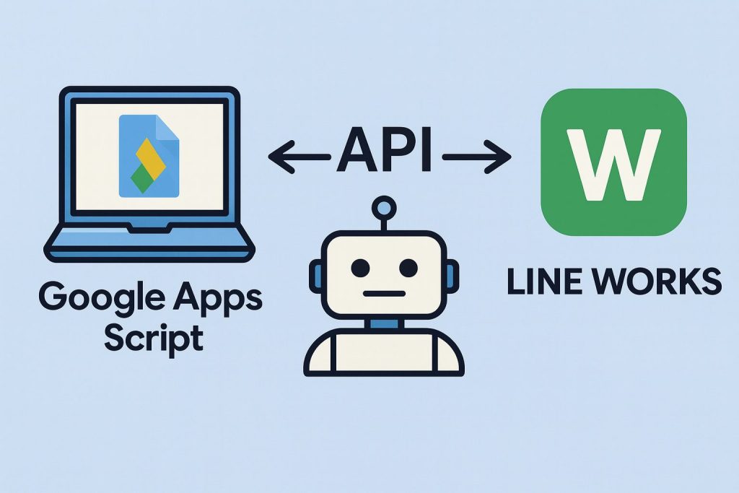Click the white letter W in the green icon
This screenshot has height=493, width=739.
(x=613, y=162)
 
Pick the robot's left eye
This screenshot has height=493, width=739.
(x=358, y=268)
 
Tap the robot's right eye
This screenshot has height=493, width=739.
(x=408, y=268)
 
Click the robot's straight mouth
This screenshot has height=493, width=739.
(x=382, y=294)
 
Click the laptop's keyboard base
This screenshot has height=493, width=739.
(x=149, y=243)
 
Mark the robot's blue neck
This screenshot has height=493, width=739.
(x=382, y=326)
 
